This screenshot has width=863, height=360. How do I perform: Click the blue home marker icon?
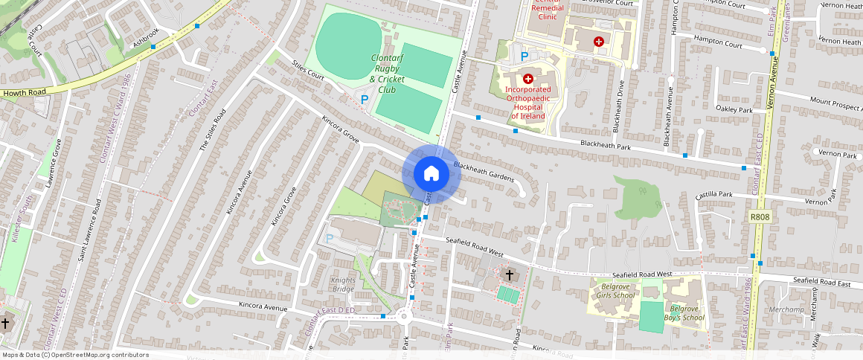(431, 174)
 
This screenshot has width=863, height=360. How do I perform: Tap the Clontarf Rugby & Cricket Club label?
(387, 74)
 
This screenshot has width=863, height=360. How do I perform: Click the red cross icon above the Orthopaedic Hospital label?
(528, 78)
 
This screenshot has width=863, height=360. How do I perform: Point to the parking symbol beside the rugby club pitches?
(365, 98)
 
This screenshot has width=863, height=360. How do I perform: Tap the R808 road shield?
(760, 216)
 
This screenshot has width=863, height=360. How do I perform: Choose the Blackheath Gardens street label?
(484, 173)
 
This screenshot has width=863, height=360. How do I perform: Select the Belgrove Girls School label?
(615, 290)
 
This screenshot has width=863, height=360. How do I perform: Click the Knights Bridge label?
(343, 284)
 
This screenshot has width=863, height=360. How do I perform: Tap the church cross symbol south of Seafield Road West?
(510, 274)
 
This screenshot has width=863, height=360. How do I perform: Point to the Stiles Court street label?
(309, 71)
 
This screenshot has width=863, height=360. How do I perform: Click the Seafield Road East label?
(821, 280)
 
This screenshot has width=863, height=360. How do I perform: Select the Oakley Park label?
(734, 110)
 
